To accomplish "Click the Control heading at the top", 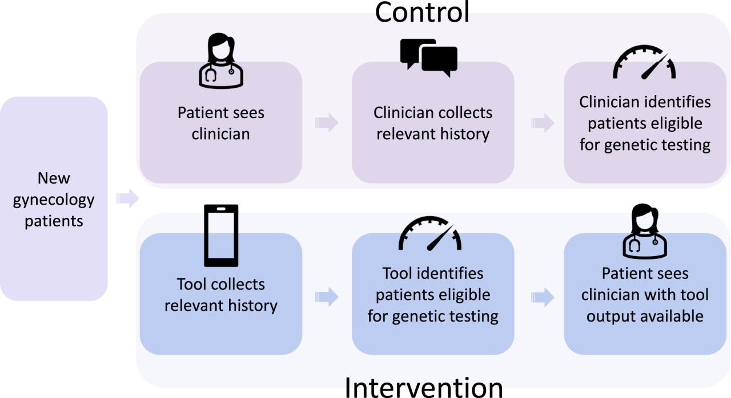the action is pyautogui.click(x=422, y=13).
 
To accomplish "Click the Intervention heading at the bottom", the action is pyautogui.click(x=424, y=387).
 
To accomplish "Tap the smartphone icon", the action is pyautogui.click(x=221, y=235).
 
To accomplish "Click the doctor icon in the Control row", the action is pyautogui.click(x=221, y=60).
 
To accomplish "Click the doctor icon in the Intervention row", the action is pyautogui.click(x=645, y=232).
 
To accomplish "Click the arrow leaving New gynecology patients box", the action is pyautogui.click(x=127, y=198).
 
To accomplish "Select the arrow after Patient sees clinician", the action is pyautogui.click(x=327, y=123).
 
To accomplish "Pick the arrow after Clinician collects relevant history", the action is pyautogui.click(x=543, y=123).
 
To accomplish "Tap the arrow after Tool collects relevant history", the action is pyautogui.click(x=327, y=297).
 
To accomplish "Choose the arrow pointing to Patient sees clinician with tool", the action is pyautogui.click(x=543, y=297).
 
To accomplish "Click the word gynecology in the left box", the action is pyautogui.click(x=54, y=200).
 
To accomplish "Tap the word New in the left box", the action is pyautogui.click(x=54, y=178).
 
